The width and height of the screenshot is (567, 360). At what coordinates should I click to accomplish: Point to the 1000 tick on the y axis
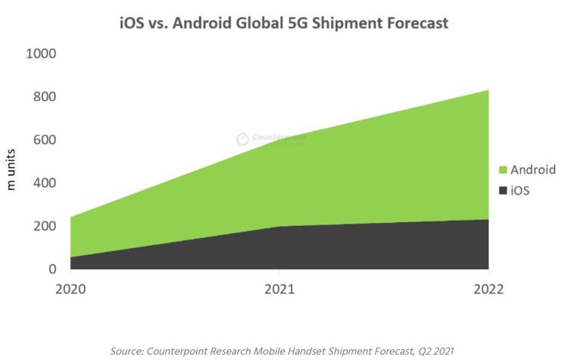pyautogui.click(x=41, y=54)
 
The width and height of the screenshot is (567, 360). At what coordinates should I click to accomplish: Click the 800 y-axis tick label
pyautogui.click(x=45, y=97)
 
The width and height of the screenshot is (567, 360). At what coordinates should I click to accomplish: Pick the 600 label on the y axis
pyautogui.click(x=45, y=140)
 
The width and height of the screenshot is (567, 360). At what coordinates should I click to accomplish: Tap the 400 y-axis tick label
pyautogui.click(x=45, y=183)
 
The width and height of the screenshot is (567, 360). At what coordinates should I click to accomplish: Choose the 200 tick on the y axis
pyautogui.click(x=45, y=226)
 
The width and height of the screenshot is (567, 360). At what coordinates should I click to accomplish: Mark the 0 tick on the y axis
pyautogui.click(x=53, y=269)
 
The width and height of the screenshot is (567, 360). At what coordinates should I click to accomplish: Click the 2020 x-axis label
pyautogui.click(x=70, y=290)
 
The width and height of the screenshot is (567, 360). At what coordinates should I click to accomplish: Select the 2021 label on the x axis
pyautogui.click(x=280, y=290)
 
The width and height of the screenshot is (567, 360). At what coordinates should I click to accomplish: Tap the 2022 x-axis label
pyautogui.click(x=488, y=290)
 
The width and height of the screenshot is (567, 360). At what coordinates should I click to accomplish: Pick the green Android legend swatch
pyautogui.click(x=503, y=170)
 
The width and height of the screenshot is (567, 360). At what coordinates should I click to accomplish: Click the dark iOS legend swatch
pyautogui.click(x=503, y=190)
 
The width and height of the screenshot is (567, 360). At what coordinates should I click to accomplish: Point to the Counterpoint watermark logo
pyautogui.click(x=242, y=139)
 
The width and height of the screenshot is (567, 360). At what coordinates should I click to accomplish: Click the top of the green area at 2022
pyautogui.click(x=488, y=90)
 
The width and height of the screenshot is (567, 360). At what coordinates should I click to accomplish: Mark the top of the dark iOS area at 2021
pyautogui.click(x=280, y=227)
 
